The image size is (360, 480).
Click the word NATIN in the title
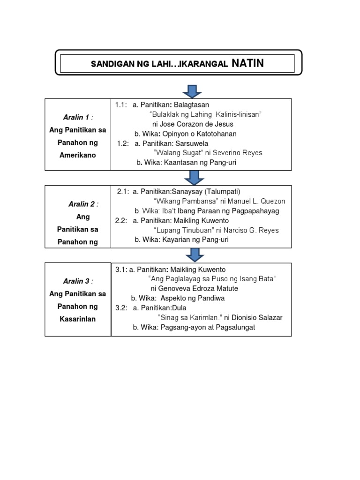[x=247, y=63]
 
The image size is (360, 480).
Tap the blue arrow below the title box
[x=193, y=91]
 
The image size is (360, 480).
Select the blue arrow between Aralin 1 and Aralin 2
[x=193, y=177]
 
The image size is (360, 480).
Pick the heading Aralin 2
[x=82, y=204]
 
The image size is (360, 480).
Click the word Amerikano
[x=78, y=155]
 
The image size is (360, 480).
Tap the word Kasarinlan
[x=78, y=319]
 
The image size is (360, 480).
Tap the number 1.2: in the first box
[x=122, y=143]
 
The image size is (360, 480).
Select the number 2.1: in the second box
[x=123, y=191]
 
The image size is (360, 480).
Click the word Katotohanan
[x=215, y=134]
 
